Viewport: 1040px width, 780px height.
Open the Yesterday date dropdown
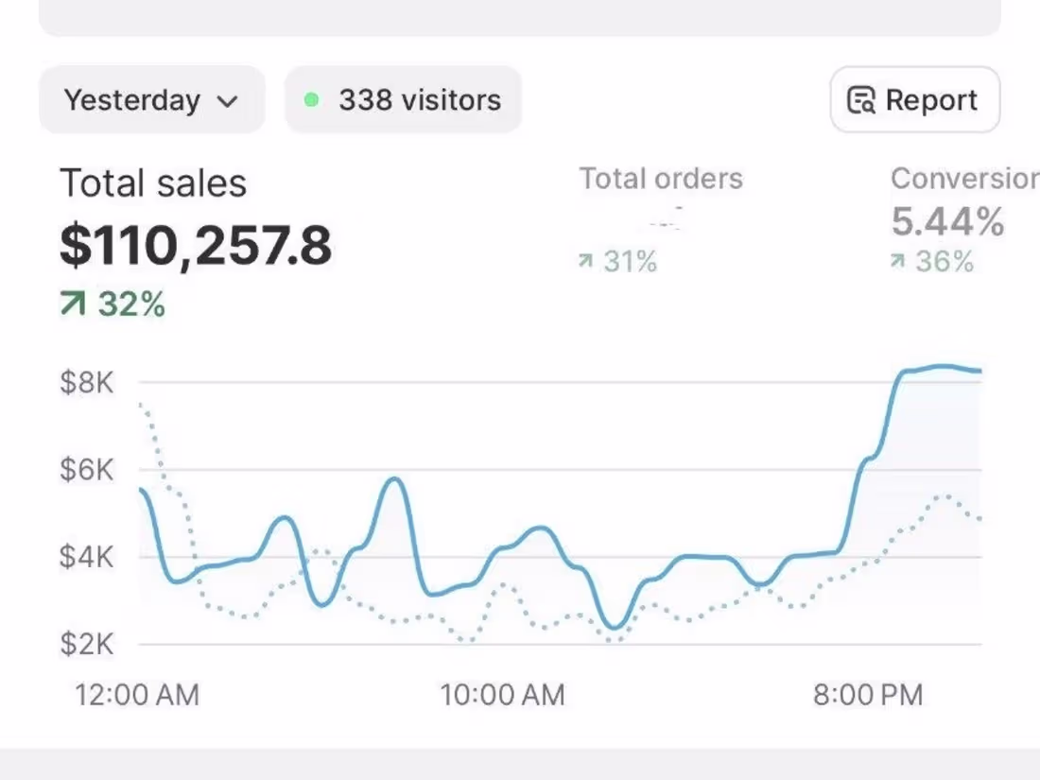[151, 100]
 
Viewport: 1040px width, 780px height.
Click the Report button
[914, 100]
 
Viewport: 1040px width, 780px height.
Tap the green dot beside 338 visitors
[312, 99]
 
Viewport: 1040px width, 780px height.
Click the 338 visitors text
[420, 100]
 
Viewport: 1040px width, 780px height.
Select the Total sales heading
[153, 183]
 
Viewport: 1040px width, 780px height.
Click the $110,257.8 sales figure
[196, 245]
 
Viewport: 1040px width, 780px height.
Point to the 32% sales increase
[113, 304]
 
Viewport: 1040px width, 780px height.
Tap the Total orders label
[661, 179]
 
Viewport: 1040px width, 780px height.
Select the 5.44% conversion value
[947, 222]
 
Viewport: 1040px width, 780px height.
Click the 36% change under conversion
[933, 261]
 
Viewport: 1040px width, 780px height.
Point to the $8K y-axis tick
[86, 383]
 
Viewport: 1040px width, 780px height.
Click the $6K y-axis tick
[86, 470]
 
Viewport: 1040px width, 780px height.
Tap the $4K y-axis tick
[86, 557]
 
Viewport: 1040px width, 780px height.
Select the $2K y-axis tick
[86, 644]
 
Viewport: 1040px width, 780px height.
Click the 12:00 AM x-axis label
[137, 696]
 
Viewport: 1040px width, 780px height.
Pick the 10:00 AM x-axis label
[502, 696]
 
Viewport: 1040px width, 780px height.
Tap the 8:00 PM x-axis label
[867, 696]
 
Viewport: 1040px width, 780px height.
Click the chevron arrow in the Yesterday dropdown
[227, 101]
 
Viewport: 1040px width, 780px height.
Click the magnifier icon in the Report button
[860, 100]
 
